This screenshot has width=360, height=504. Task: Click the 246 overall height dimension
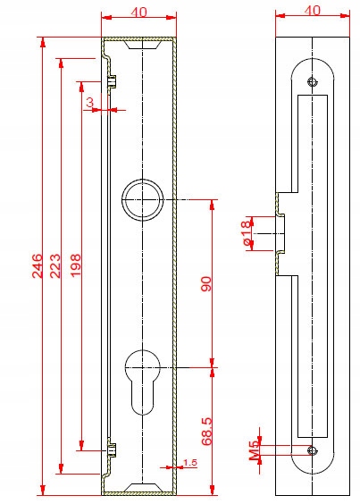point(38,265)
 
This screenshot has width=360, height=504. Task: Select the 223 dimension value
point(55,265)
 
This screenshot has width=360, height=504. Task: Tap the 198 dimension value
point(76,265)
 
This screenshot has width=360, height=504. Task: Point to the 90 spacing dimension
point(206,283)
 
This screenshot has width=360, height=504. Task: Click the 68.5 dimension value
point(206,432)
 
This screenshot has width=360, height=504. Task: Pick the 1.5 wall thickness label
point(189,463)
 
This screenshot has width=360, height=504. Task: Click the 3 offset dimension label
point(90,103)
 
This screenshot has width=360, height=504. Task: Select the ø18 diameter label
point(246,233)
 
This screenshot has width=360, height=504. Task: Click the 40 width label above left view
point(138,13)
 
